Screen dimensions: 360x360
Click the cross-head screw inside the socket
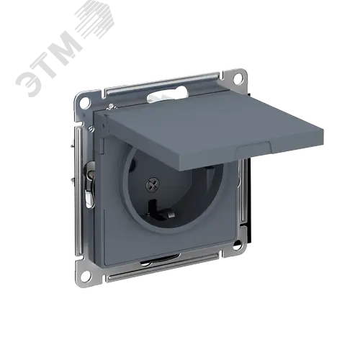click(x=153, y=184)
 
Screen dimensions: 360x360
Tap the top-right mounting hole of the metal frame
click(x=238, y=78)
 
